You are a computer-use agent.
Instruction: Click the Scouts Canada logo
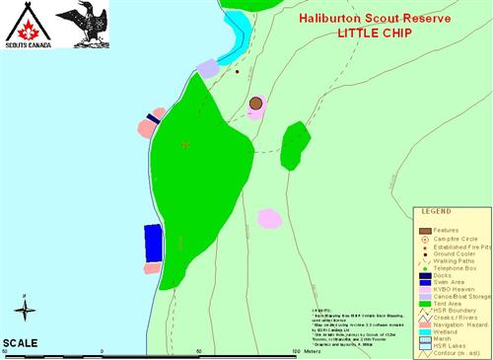25,26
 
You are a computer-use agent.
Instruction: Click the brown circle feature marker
256,103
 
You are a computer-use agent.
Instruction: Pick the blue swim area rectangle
153,242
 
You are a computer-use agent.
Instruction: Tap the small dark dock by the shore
153,118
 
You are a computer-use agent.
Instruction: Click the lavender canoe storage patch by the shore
207,68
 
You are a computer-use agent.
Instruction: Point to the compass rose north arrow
27,311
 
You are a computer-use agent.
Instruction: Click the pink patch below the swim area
152,267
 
